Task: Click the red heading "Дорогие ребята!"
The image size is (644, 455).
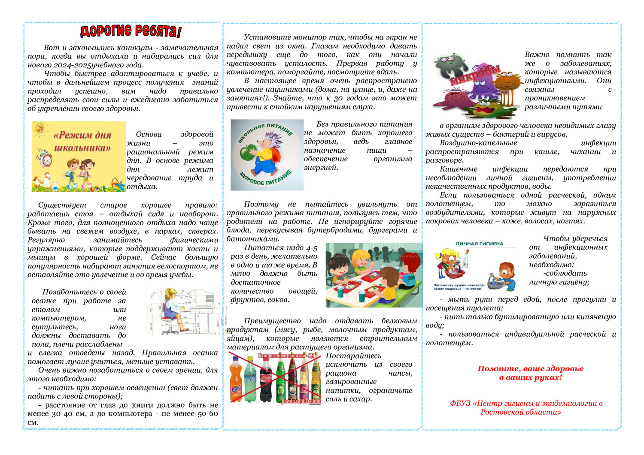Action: click(x=131, y=31)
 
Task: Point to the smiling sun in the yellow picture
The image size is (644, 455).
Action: click(x=40, y=128)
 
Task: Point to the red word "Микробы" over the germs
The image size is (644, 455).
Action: click(x=475, y=75)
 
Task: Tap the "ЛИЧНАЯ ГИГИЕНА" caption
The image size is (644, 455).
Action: click(x=479, y=244)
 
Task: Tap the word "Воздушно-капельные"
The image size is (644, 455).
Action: click(x=478, y=143)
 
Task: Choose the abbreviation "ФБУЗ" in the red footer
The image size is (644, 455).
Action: click(x=459, y=403)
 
